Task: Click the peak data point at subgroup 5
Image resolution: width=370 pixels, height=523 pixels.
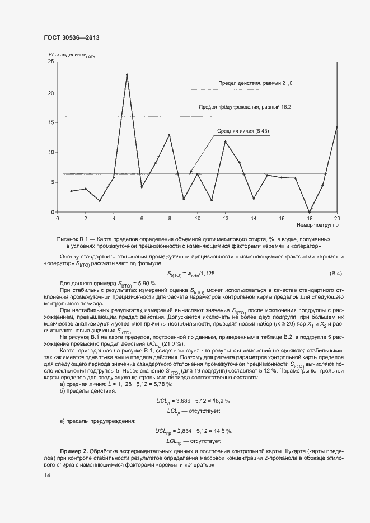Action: [x=127, y=74]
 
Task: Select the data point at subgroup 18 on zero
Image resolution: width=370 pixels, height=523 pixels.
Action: [x=310, y=211]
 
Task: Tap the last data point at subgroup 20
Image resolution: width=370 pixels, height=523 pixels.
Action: [x=337, y=127]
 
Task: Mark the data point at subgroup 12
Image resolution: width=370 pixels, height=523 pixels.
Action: [x=225, y=142]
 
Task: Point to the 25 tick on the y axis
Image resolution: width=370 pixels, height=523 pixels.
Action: [x=51, y=62]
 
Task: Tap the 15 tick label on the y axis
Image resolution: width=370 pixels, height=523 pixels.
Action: [x=51, y=122]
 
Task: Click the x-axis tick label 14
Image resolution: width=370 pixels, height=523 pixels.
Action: [x=254, y=218]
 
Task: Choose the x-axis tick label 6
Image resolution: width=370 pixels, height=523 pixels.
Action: [x=142, y=218]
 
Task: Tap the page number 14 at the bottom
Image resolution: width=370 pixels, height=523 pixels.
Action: [x=47, y=475]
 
